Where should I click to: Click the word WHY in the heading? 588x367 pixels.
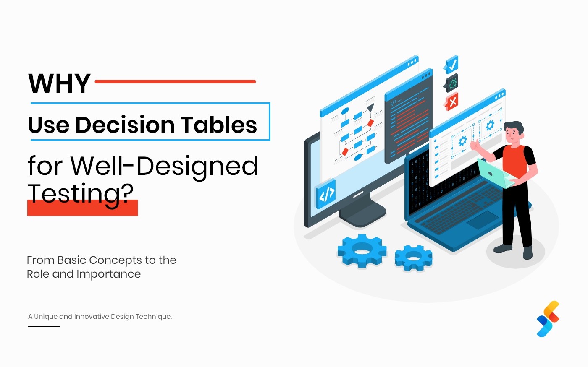pos(59,83)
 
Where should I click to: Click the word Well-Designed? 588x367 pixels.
pos(164,166)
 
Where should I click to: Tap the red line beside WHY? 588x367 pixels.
pos(175,81)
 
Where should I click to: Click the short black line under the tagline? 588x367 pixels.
pos(44,326)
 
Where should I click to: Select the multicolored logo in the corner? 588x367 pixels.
pos(548,319)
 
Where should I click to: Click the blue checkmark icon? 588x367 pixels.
pos(451,65)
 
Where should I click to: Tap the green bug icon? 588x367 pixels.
pos(452,83)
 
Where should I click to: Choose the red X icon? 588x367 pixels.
pos(452,102)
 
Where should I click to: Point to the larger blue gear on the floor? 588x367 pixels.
pos(362,251)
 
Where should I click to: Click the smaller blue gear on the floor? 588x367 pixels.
pos(413,258)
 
